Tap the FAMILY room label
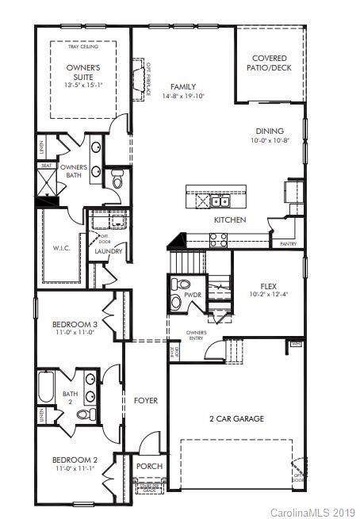[182, 87]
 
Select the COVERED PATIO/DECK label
[269, 63]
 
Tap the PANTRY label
[288, 244]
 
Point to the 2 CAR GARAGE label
[236, 418]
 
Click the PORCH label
[149, 467]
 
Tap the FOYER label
[146, 400]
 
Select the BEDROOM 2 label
[75, 460]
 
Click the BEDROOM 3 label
[75, 324]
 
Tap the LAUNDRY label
[108, 252]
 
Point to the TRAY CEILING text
[82, 48]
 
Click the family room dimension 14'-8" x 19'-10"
[182, 97]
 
